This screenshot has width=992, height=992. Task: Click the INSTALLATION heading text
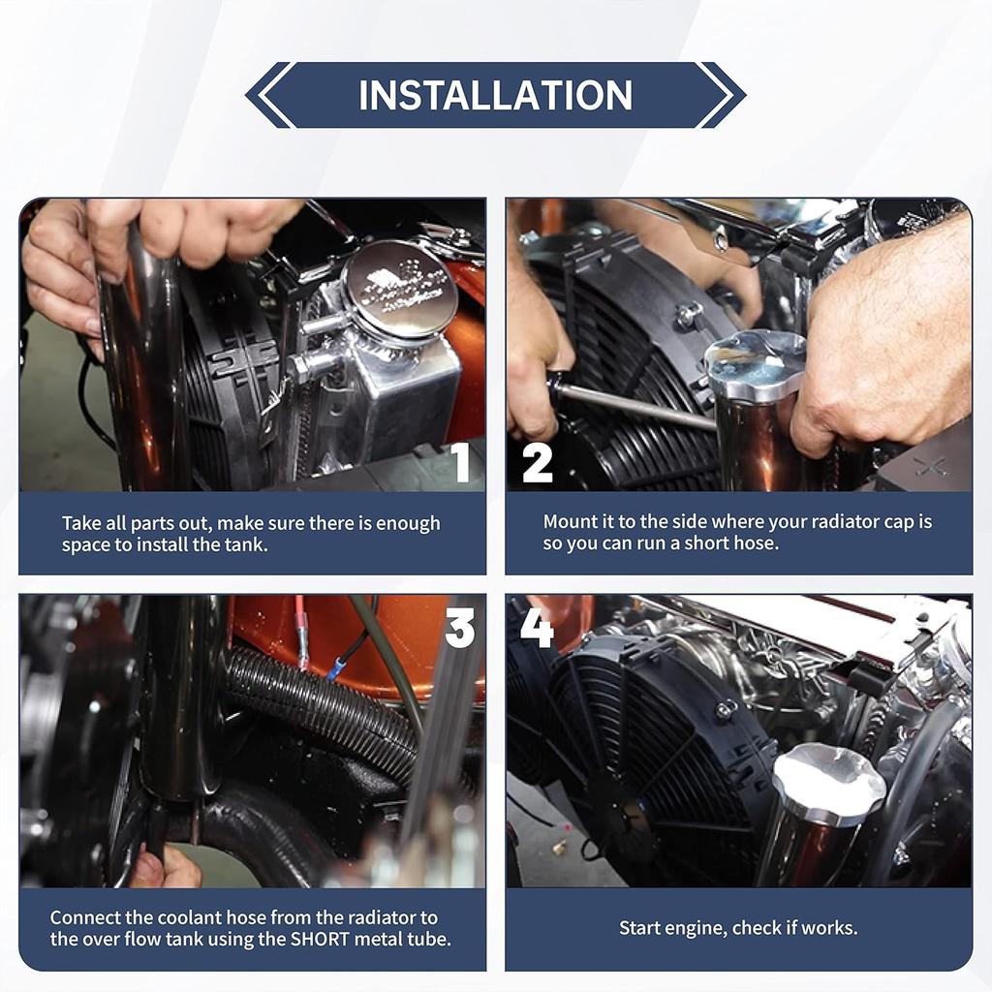(495, 95)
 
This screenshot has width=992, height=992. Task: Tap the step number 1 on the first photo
(461, 462)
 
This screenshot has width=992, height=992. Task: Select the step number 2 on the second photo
(537, 463)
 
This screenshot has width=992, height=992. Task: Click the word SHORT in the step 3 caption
(320, 938)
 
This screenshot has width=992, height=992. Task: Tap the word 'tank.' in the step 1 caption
(246, 544)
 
